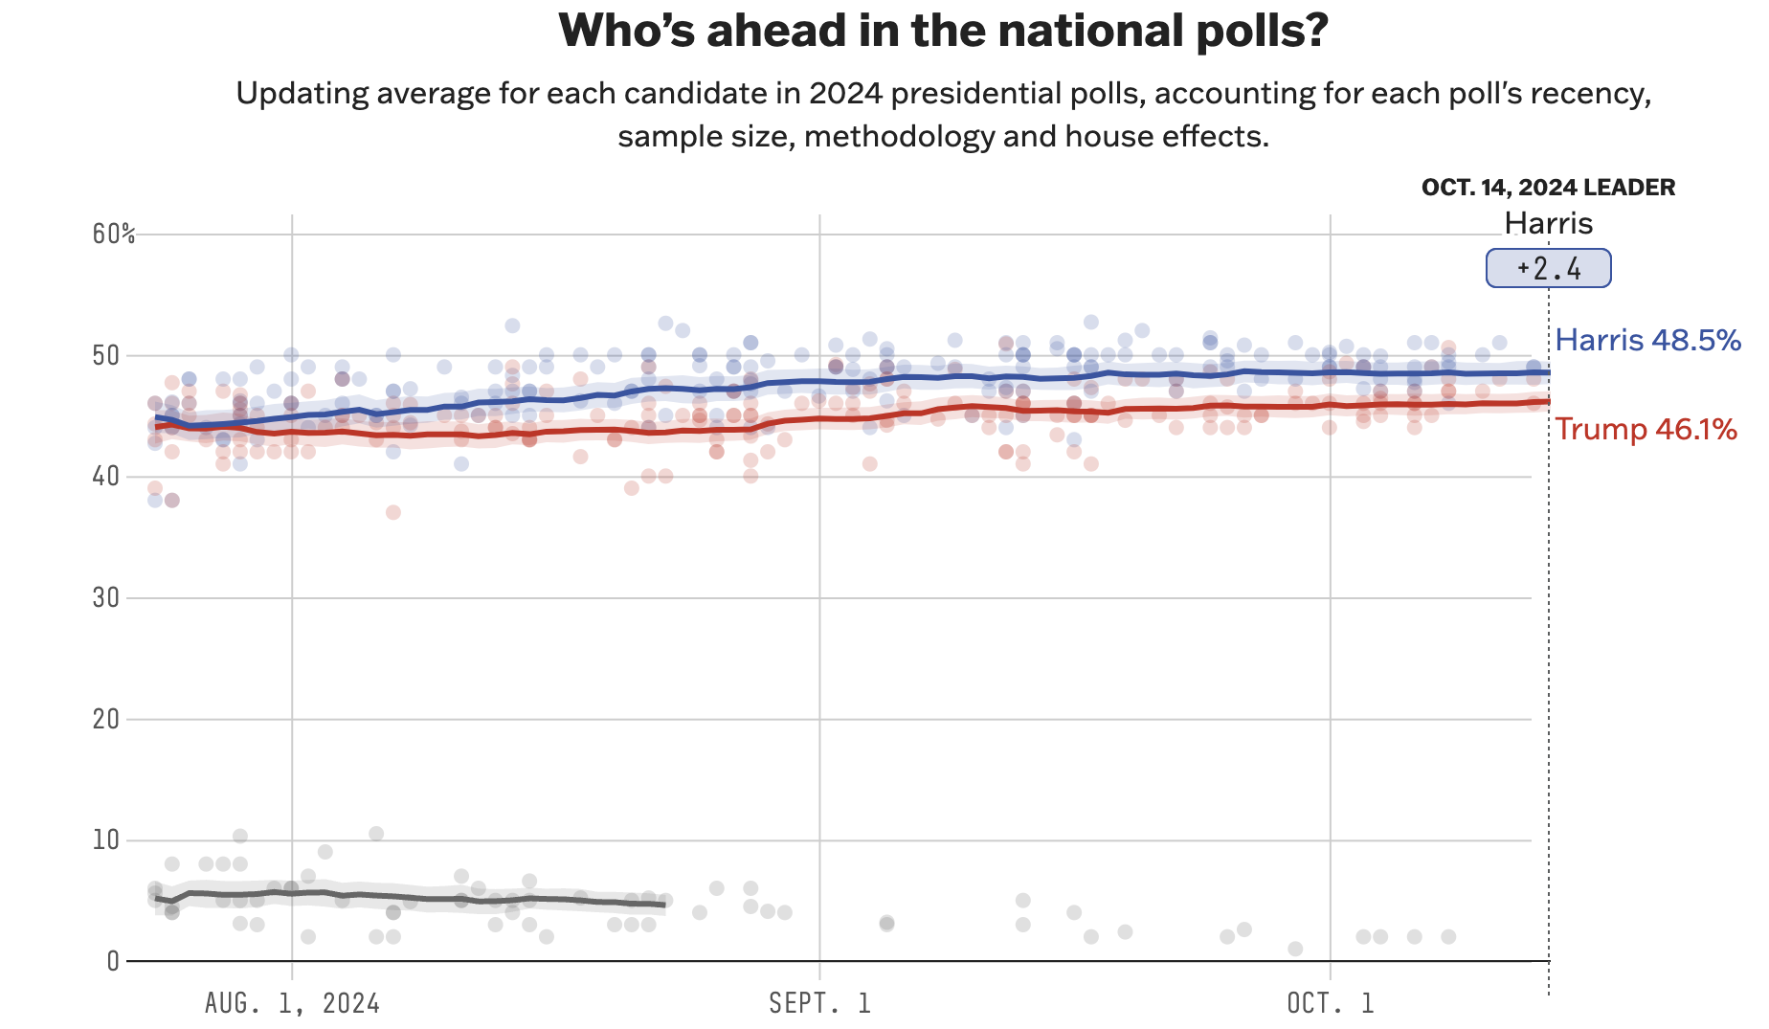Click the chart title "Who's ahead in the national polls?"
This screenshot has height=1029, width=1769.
click(943, 31)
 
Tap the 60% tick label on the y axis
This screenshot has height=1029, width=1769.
click(113, 235)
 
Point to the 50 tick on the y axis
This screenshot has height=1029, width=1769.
click(106, 356)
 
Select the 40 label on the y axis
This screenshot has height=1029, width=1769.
click(106, 477)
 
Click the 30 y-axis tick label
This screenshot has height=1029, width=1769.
click(106, 598)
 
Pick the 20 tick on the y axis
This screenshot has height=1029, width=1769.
click(106, 719)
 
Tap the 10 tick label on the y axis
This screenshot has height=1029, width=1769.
click(106, 840)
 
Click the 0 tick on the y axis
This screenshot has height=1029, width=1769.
click(113, 961)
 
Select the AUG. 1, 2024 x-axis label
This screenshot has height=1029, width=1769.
click(292, 1003)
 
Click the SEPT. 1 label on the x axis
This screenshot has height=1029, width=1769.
click(820, 1003)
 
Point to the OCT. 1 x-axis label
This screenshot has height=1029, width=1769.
click(1331, 1003)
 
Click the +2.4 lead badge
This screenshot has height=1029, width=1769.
click(1548, 268)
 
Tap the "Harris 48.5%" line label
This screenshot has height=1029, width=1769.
click(1647, 340)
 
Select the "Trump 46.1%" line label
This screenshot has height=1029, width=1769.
click(1646, 429)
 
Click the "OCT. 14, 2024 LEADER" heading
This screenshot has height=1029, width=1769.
click(1548, 188)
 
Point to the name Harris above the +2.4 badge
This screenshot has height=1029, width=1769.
click(1548, 223)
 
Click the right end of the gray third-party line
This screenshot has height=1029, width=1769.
click(663, 905)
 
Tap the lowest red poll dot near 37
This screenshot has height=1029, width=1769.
click(392, 512)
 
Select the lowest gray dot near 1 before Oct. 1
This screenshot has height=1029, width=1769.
click(1295, 949)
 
